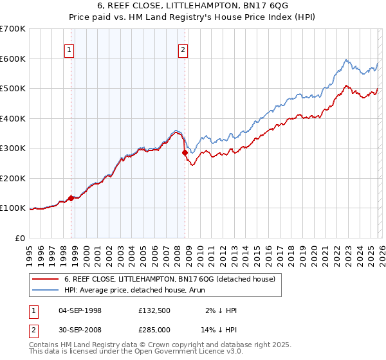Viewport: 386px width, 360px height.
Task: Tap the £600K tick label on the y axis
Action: pos(13,59)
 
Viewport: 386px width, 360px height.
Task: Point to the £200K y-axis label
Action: pos(13,178)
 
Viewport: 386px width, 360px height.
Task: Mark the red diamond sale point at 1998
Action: pos(71,199)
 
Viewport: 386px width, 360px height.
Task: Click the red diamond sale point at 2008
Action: pos(185,153)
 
